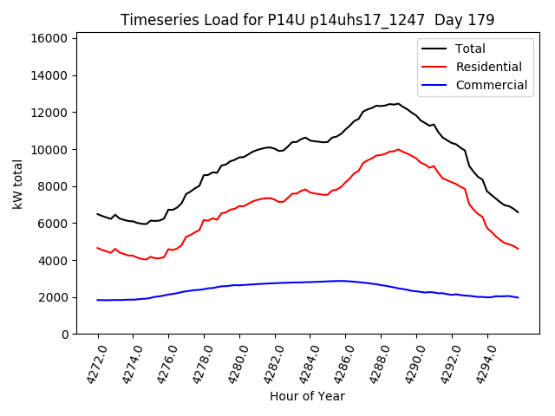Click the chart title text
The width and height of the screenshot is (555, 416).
click(308, 20)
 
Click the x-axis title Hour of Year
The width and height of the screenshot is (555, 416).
click(307, 396)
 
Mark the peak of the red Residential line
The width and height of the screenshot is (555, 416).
click(399, 149)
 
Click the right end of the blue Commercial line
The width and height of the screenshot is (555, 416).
click(518, 297)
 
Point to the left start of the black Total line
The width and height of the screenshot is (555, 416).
click(97, 214)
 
